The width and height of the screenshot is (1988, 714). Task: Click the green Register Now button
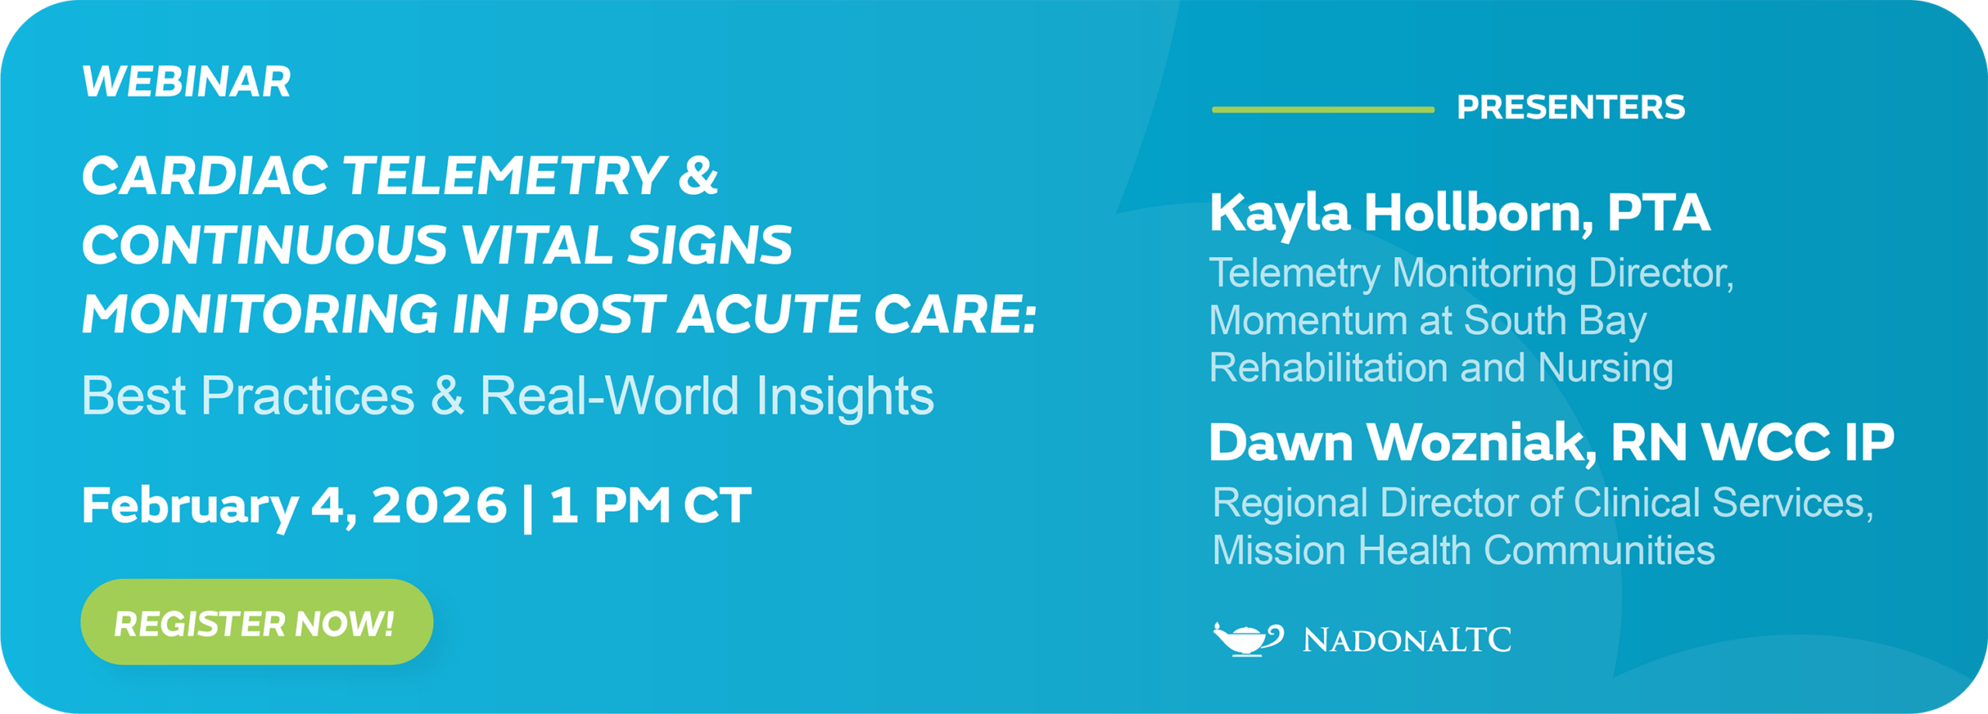[256, 622]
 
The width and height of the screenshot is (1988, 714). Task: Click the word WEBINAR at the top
[186, 81]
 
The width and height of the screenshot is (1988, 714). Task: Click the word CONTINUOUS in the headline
[264, 245]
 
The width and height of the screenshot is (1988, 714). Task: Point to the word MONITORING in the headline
[260, 314]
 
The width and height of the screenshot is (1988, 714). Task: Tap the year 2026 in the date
[440, 505]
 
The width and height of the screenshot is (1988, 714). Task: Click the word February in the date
[189, 507]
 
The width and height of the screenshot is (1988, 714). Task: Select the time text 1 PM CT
[651, 505]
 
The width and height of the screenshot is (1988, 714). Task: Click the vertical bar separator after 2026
[528, 507]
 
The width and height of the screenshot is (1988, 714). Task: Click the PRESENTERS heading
[1570, 107]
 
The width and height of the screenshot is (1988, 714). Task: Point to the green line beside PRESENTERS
[1322, 109]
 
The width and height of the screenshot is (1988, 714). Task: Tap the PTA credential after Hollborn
[1658, 212]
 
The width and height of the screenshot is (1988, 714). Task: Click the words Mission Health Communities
[1463, 550]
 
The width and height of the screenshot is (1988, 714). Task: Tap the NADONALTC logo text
[1406, 640]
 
